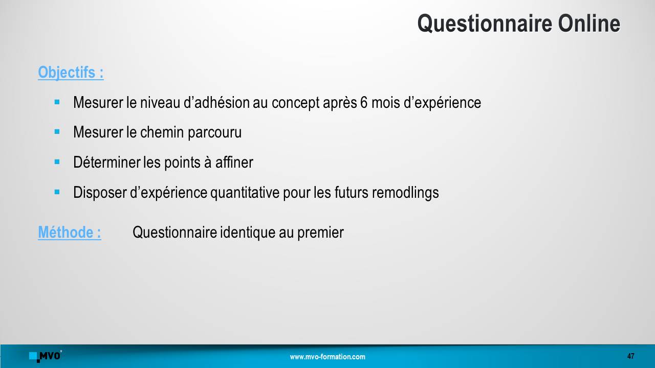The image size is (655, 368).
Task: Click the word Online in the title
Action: point(589,24)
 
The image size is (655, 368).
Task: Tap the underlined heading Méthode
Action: point(70,232)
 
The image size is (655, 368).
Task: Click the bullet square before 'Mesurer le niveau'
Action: point(57,102)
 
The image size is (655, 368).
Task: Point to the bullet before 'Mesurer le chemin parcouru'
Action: point(57,132)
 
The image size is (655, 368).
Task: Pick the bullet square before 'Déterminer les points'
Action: point(57,162)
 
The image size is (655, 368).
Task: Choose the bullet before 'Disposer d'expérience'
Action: point(57,192)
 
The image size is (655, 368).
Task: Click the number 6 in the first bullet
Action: point(364,103)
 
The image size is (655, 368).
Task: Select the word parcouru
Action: point(214,133)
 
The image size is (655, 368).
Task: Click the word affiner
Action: point(234,162)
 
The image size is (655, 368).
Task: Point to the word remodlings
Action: point(405,193)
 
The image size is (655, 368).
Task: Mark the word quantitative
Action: point(245,193)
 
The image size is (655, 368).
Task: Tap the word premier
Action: point(320,233)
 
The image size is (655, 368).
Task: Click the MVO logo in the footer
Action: point(46,356)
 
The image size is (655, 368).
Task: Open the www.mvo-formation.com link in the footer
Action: point(327,357)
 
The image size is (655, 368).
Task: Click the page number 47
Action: point(631,356)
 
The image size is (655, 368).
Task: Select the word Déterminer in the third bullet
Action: point(107,162)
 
